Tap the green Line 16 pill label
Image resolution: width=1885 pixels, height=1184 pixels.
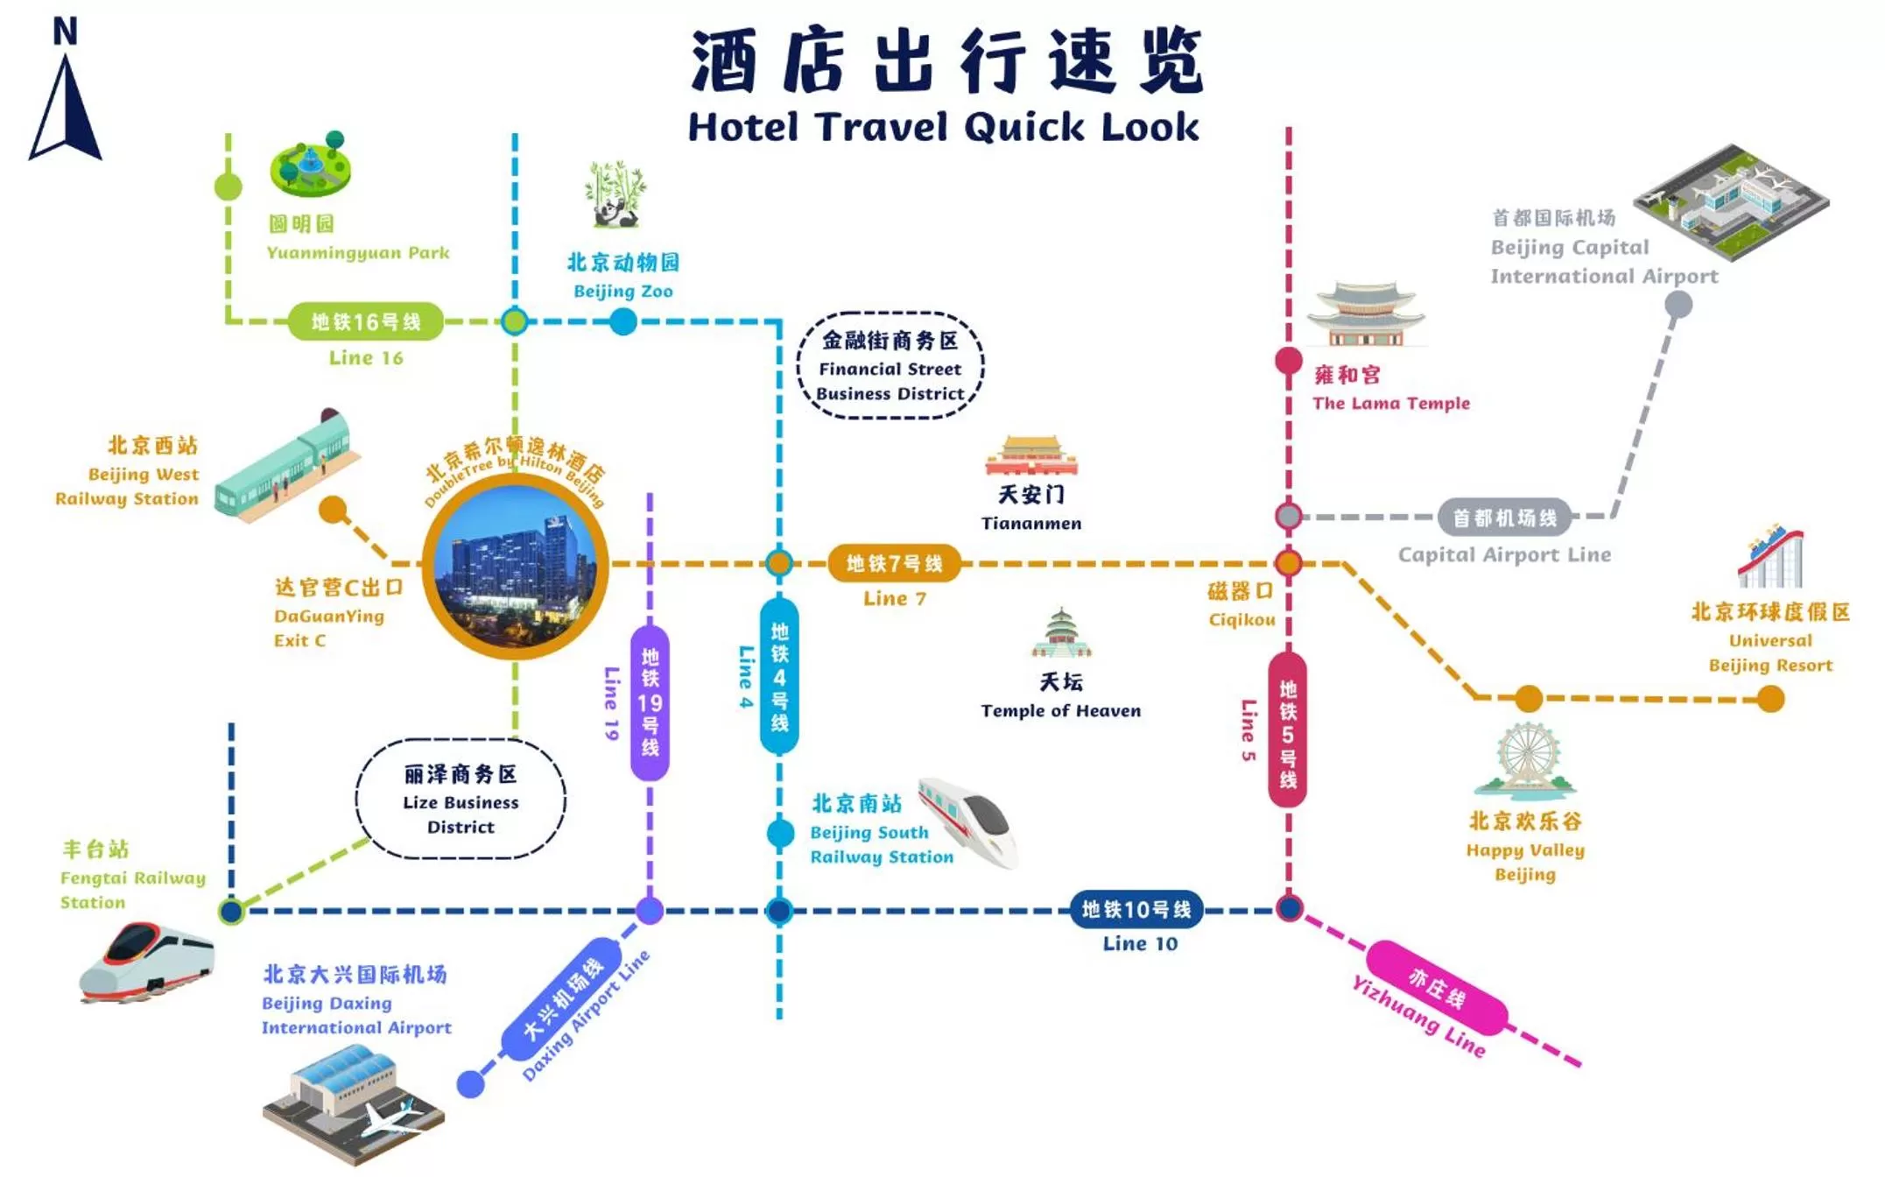point(366,322)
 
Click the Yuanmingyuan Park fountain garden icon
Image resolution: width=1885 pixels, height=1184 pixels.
point(311,165)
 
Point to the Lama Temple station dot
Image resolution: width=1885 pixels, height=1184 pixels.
point(1288,361)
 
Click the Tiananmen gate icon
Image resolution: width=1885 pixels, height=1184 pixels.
point(1031,455)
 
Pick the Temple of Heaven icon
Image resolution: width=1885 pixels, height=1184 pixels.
point(1061,633)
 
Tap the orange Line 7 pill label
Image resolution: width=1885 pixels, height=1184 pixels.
point(894,563)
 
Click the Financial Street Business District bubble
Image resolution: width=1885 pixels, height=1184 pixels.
point(890,366)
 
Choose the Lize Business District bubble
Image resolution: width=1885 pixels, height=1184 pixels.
point(461,800)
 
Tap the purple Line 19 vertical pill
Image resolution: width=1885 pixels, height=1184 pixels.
point(650,702)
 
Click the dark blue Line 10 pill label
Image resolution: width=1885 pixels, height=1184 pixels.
point(1136,910)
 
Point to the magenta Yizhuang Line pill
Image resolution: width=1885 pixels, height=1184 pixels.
point(1436,987)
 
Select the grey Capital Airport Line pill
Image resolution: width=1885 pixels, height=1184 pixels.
point(1504,518)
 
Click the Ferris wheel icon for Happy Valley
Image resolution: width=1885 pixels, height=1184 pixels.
point(1527,760)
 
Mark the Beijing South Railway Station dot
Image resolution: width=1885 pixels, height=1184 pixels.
point(780,833)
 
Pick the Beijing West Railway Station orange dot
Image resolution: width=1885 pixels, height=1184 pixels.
point(333,510)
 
